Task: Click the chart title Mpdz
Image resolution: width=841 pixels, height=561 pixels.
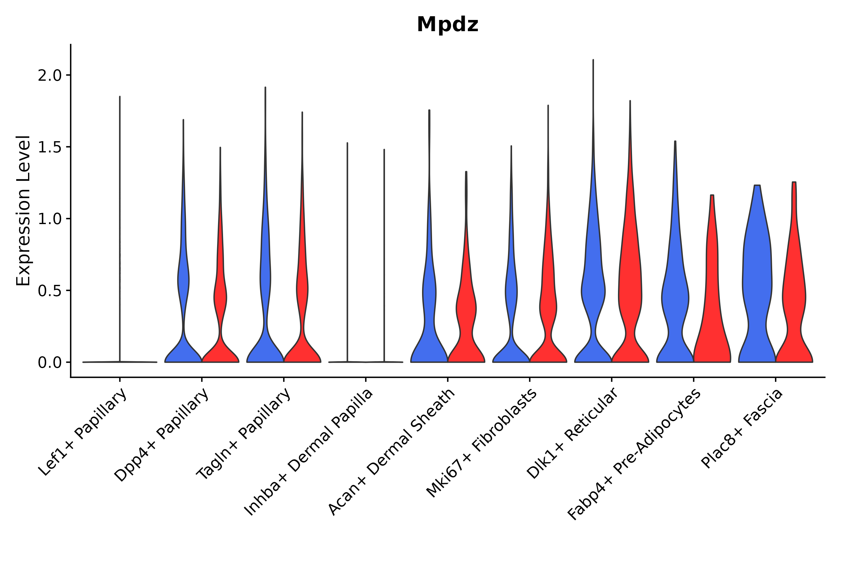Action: click(x=447, y=25)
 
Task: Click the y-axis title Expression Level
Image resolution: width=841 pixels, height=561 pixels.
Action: click(x=23, y=211)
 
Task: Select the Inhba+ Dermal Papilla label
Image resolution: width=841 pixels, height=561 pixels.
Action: click(x=309, y=452)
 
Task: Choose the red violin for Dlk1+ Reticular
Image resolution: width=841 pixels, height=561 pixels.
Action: click(x=630, y=286)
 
